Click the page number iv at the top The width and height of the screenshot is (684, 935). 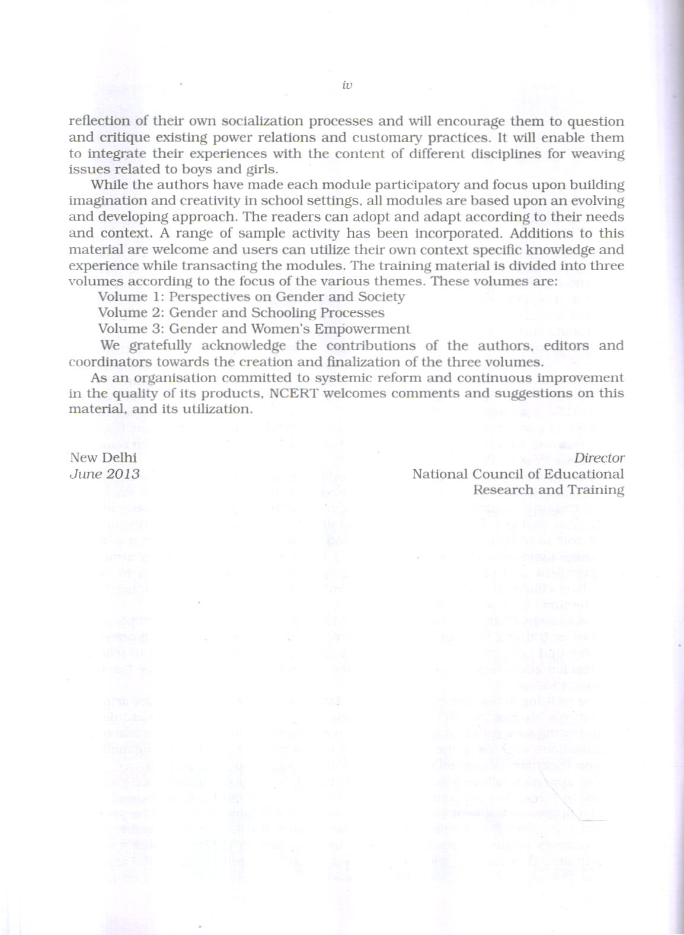347,85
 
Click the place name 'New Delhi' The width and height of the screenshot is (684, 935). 103,457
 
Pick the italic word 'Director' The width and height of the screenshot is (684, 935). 599,458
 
